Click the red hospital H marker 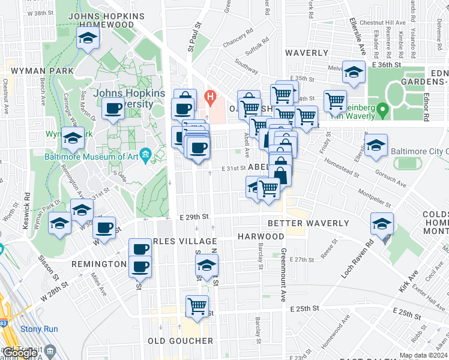(209, 95)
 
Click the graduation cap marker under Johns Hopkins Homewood (88, 40)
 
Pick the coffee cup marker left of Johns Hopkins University (113, 109)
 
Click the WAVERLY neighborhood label (307, 53)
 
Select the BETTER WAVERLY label (308, 223)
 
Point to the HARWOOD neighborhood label (261, 237)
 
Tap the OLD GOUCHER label (181, 341)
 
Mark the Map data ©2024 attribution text (423, 355)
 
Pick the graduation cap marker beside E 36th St (354, 73)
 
